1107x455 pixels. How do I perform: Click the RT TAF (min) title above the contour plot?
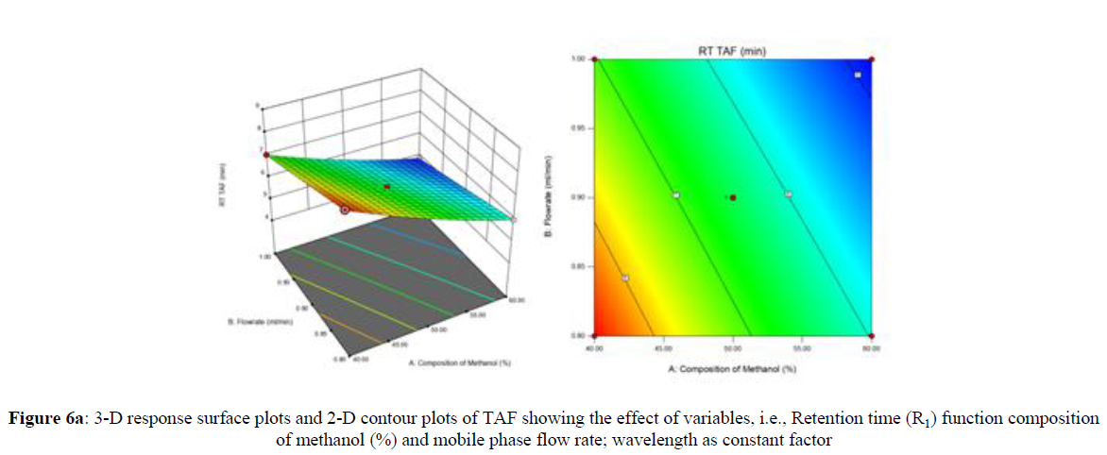(732, 48)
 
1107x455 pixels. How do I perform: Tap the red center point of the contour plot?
(733, 197)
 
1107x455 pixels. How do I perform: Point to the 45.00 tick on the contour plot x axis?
(663, 349)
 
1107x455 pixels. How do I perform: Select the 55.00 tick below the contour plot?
(801, 349)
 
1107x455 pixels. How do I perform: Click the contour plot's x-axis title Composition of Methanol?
(733, 366)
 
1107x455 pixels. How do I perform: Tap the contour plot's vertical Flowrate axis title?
(553, 196)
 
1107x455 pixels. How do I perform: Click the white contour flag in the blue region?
(858, 75)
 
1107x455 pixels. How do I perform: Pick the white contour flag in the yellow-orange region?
(625, 278)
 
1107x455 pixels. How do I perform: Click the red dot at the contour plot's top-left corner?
(596, 59)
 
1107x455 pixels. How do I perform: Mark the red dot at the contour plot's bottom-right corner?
(871, 335)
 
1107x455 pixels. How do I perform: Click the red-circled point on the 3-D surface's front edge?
(345, 210)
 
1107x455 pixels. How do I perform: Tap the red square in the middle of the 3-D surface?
(386, 188)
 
